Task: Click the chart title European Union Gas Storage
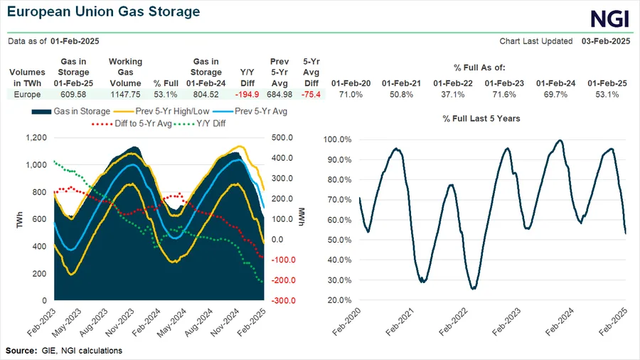click(104, 13)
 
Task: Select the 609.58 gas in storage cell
click(73, 94)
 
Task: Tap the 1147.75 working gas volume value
click(125, 94)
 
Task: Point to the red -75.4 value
click(311, 94)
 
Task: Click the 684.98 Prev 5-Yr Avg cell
click(279, 94)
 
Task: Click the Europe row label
click(26, 94)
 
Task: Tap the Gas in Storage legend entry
click(72, 111)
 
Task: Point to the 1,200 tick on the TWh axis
click(35, 138)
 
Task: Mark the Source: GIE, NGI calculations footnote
click(64, 351)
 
